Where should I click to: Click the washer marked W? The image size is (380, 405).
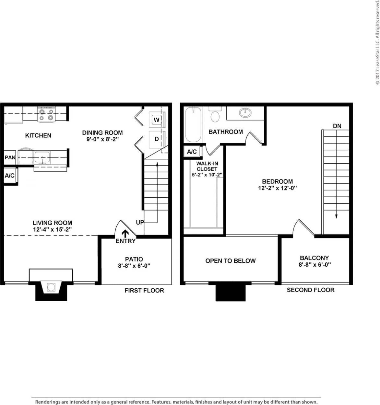point(157,120)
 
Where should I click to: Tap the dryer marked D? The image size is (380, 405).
point(157,139)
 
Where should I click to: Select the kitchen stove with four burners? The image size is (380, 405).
point(46,115)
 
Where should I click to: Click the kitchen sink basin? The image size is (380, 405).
point(42,157)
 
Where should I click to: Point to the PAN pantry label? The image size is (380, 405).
point(10,157)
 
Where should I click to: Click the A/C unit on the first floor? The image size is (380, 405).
point(10,176)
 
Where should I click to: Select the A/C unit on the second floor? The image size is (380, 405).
point(192,152)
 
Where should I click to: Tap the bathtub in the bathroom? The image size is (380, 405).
point(193,125)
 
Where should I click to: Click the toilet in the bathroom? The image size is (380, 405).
point(215,115)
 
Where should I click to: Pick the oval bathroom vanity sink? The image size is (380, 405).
point(245,113)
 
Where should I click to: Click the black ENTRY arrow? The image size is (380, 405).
point(125,233)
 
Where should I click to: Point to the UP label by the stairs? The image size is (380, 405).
point(140,222)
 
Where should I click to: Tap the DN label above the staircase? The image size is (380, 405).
point(337,126)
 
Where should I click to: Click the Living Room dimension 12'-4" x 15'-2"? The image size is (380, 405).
point(52,229)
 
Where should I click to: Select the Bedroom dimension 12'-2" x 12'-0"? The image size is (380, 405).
point(278,188)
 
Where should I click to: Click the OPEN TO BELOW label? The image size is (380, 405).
point(231,261)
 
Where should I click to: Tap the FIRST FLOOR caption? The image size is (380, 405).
point(144,291)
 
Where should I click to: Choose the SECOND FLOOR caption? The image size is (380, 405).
point(311,290)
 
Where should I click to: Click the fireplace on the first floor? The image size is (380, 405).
point(51,287)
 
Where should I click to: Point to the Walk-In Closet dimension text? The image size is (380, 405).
point(207,175)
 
